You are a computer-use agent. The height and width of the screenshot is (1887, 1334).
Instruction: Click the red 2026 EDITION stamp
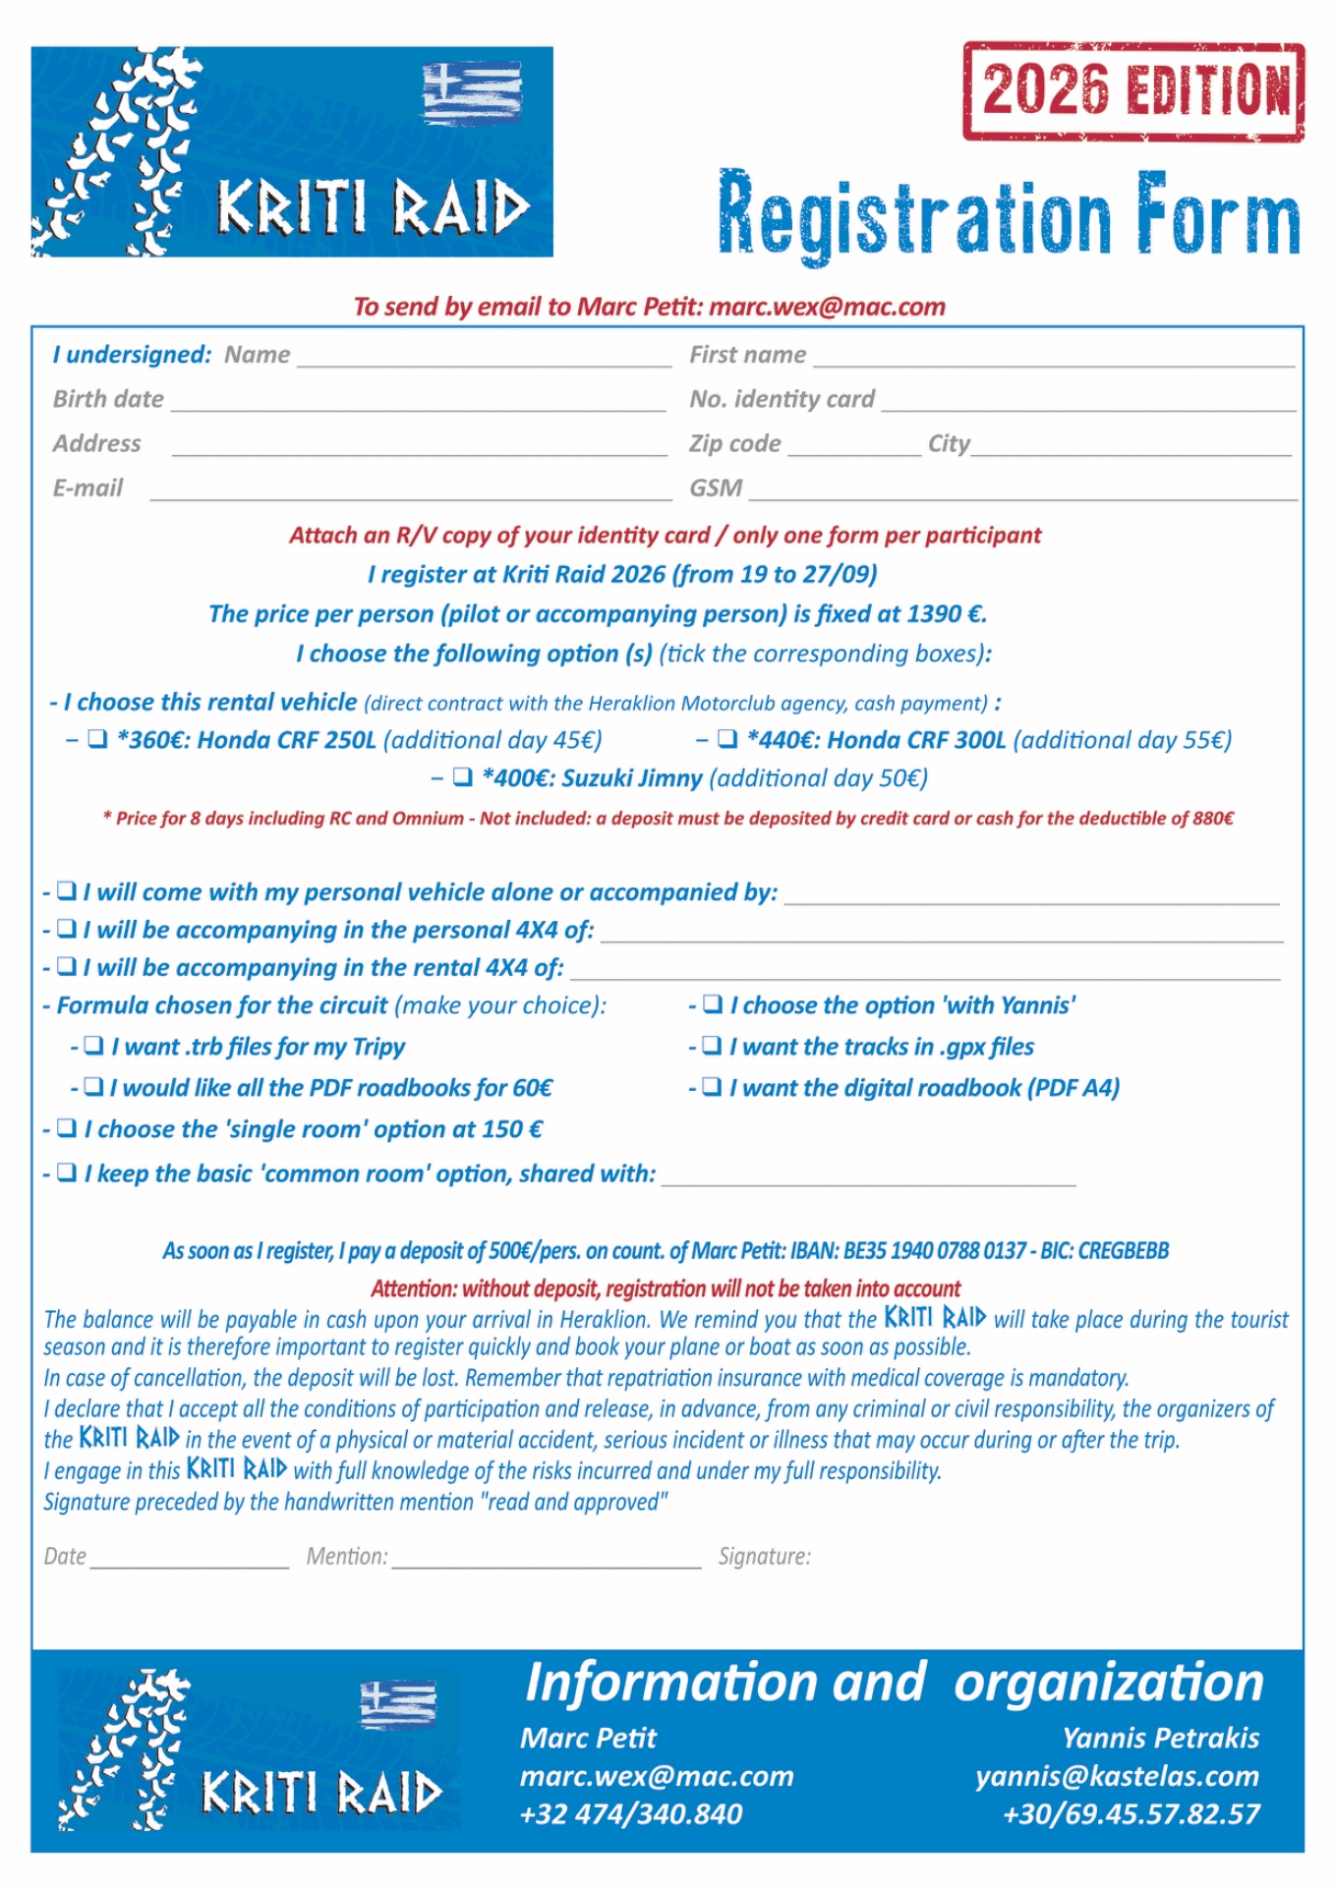point(1133,90)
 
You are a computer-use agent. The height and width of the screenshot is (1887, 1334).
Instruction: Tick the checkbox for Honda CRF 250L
point(97,739)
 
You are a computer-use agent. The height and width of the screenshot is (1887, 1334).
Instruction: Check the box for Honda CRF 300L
point(727,739)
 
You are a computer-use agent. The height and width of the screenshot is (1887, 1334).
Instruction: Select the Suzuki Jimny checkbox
point(462,777)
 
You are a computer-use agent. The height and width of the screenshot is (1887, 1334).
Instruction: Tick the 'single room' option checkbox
point(67,1128)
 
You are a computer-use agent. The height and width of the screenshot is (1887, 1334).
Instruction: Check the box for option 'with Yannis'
point(713,1004)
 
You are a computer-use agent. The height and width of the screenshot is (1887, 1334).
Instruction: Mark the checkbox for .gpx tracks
point(713,1046)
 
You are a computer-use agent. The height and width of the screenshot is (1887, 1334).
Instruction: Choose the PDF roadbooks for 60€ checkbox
point(93,1087)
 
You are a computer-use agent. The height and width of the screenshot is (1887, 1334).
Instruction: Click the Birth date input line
point(418,403)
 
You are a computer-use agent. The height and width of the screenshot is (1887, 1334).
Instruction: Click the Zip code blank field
point(853,448)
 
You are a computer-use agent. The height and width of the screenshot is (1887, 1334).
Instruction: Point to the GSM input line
point(1022,492)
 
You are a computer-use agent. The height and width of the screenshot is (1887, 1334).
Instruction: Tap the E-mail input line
point(410,492)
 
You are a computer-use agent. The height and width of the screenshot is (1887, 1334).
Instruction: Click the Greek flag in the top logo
point(472,92)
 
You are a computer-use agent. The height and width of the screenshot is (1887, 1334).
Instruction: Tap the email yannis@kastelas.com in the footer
point(1117,1776)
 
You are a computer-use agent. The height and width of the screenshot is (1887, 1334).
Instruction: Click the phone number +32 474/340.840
point(631,1813)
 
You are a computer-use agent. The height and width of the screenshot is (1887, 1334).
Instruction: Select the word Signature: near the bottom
point(764,1556)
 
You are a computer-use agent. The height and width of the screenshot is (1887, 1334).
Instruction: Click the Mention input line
point(546,1561)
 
